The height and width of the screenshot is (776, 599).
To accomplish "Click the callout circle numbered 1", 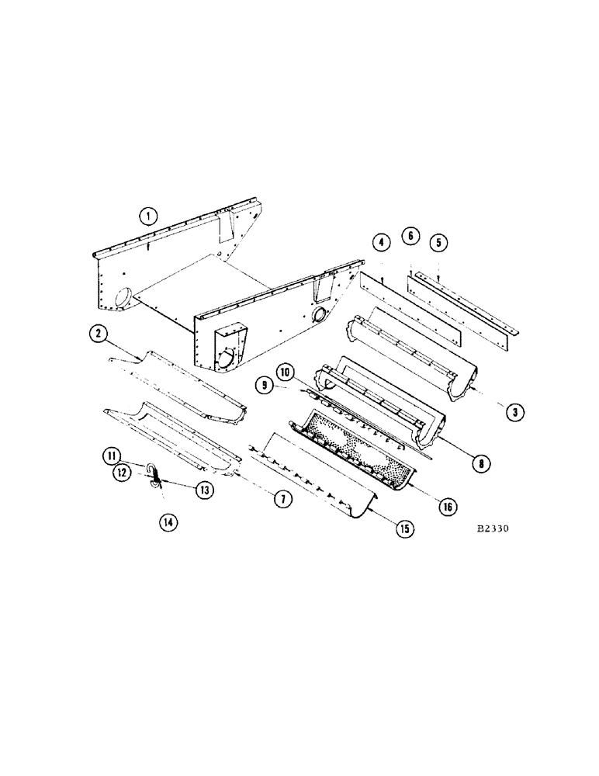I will (x=148, y=214).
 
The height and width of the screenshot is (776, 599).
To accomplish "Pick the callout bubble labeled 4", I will (x=381, y=244).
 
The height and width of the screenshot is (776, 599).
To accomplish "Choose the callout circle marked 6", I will (x=410, y=235).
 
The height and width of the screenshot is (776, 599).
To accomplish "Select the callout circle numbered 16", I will (x=448, y=507).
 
